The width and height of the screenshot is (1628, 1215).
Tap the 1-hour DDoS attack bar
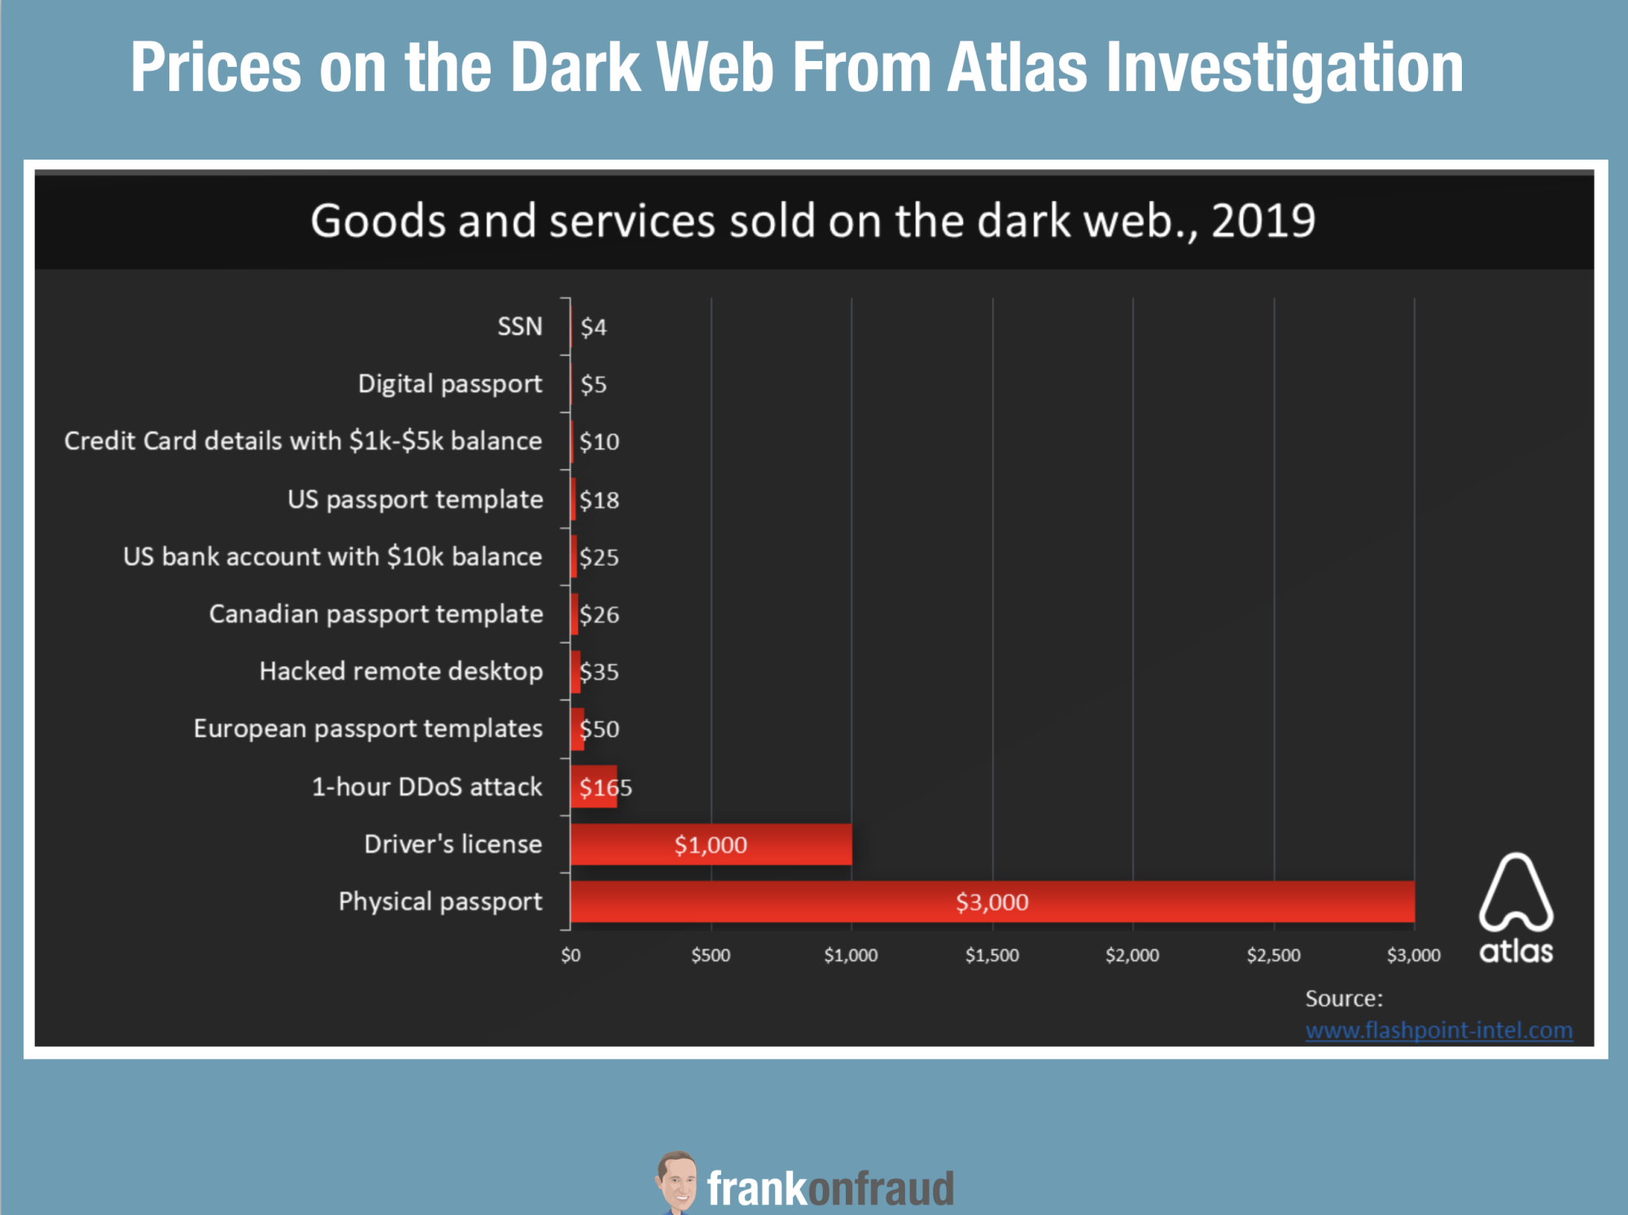(593, 786)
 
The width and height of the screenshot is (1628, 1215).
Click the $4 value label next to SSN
(593, 327)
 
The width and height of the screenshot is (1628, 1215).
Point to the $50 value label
(600, 728)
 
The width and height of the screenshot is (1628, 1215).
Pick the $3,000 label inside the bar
(991, 902)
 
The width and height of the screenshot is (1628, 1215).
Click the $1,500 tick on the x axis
(991, 955)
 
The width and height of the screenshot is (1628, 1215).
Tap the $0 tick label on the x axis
(571, 955)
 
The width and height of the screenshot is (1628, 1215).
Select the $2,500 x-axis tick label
(1273, 955)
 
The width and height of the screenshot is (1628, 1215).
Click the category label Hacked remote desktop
(400, 671)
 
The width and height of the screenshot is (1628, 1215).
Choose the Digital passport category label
(449, 383)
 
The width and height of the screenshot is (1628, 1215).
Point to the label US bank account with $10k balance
(332, 556)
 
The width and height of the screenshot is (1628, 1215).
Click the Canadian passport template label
(375, 614)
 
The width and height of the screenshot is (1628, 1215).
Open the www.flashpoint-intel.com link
(1438, 1030)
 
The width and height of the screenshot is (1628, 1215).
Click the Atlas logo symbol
(1516, 892)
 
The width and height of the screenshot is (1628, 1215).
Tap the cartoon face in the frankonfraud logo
(677, 1182)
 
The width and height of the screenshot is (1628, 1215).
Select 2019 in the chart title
(1263, 221)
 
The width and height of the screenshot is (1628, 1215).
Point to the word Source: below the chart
(1343, 999)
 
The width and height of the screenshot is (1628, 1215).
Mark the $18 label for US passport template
(599, 500)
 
